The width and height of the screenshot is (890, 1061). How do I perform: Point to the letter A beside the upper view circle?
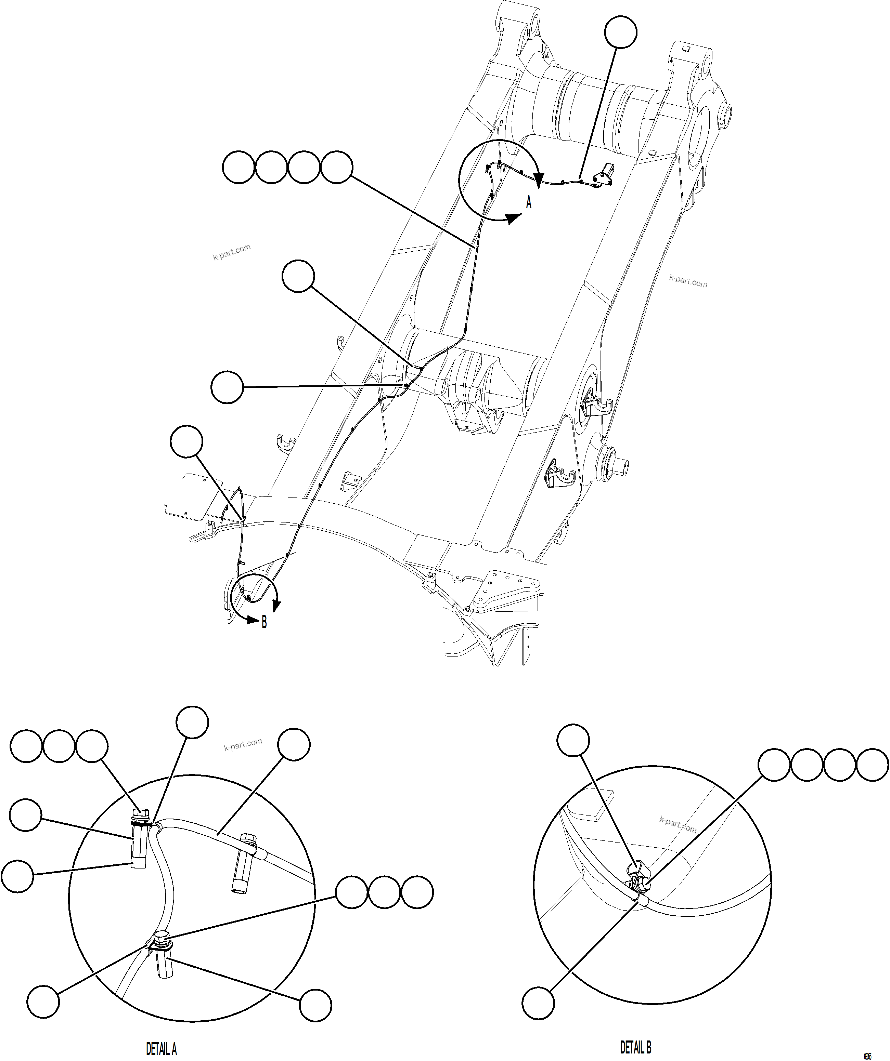coord(529,203)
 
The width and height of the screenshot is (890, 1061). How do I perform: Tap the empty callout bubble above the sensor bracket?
coord(621,33)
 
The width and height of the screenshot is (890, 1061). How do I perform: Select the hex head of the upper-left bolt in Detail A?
coord(140,814)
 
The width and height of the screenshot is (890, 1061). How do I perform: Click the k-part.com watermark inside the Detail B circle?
coord(678,824)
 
